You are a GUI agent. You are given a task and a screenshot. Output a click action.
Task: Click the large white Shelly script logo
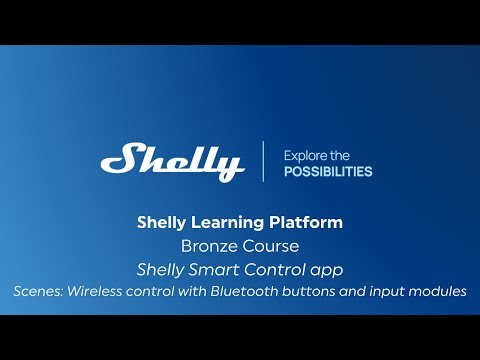(x=172, y=161)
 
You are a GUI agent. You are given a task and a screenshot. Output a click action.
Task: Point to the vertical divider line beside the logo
(x=264, y=161)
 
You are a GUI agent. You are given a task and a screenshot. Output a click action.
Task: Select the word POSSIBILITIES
(x=328, y=171)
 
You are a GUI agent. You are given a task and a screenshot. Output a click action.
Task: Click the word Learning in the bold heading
(x=214, y=222)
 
